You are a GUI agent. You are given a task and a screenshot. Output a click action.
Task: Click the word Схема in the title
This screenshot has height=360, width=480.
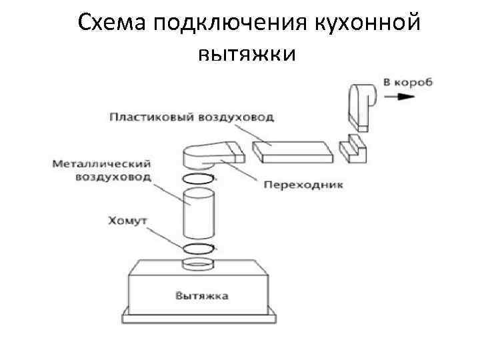coord(111,24)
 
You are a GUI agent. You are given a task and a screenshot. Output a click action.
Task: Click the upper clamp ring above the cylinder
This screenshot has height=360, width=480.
coord(197,179)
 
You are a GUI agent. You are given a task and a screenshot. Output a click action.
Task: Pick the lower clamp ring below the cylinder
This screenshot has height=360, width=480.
coord(198,249)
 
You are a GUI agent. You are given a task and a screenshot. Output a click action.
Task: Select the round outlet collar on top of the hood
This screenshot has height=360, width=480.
coord(198,264)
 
